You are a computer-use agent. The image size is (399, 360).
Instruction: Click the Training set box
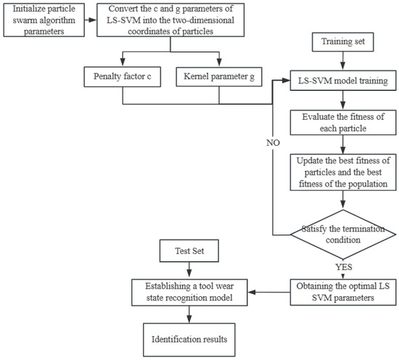tap(342, 42)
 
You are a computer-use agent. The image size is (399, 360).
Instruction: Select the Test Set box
tap(189, 251)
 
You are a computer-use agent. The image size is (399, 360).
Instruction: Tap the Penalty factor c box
tap(123, 77)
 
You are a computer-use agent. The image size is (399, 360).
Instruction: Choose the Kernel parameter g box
tap(219, 77)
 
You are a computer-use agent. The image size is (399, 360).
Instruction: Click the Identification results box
tap(189, 340)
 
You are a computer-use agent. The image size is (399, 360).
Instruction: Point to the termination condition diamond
tap(343, 234)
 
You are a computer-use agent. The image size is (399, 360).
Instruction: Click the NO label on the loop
tap(273, 143)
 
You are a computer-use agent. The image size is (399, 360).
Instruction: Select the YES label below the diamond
tap(344, 267)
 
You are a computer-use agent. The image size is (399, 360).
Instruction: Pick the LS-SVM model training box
tap(343, 81)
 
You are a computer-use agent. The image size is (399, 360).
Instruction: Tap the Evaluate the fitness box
tap(343, 123)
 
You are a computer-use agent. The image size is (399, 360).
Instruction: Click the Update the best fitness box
tap(343, 172)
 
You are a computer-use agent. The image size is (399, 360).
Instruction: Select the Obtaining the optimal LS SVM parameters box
tap(343, 292)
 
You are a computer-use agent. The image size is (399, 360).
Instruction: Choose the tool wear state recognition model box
tap(189, 292)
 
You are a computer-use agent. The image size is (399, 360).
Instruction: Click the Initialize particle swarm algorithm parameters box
tap(44, 20)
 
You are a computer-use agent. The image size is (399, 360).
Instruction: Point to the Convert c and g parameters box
tap(170, 20)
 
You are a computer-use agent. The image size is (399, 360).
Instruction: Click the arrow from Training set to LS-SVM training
tap(342, 60)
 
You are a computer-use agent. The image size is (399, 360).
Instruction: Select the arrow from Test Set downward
tap(189, 269)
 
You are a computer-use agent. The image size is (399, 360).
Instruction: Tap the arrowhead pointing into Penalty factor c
tap(123, 62)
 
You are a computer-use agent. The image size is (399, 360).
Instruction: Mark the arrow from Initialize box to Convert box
tap(91, 20)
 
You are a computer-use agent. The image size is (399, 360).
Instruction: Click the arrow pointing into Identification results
tap(189, 314)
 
